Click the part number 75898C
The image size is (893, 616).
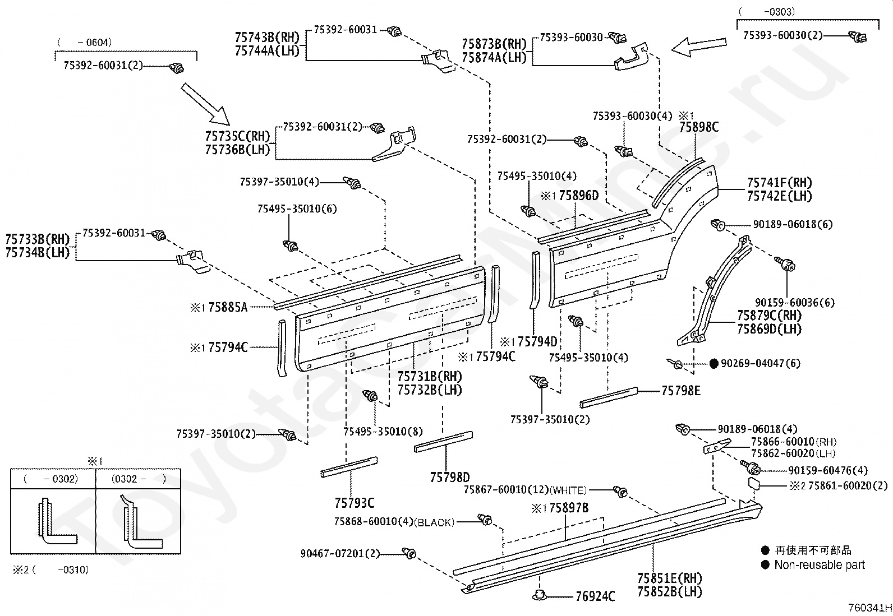(699, 127)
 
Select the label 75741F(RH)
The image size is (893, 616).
(779, 183)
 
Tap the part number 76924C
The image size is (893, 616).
(595, 596)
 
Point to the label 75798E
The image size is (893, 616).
(681, 391)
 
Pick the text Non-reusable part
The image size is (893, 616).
(820, 564)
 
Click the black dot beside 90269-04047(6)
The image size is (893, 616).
(714, 363)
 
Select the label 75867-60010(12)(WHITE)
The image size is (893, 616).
(525, 490)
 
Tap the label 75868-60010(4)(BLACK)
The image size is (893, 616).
(394, 522)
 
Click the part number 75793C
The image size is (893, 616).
(355, 503)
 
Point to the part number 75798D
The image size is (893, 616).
(450, 477)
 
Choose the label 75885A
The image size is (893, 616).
(228, 307)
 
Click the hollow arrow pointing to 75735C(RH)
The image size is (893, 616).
(205, 104)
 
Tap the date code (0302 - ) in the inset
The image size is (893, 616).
(139, 479)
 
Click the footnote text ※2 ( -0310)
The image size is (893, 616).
(50, 570)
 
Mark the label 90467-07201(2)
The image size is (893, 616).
(340, 553)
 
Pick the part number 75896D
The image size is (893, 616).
(579, 196)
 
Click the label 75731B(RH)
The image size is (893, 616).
(429, 376)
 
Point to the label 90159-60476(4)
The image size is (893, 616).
(827, 470)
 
